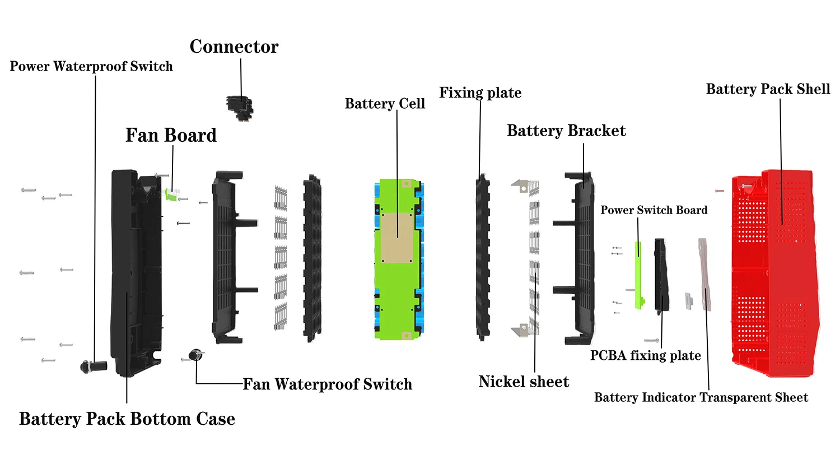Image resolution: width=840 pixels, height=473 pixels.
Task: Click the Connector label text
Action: pyautogui.click(x=234, y=47)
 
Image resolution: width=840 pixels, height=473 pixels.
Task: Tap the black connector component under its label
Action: pyautogui.click(x=240, y=107)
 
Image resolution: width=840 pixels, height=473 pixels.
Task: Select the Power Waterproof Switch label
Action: pyautogui.click(x=91, y=67)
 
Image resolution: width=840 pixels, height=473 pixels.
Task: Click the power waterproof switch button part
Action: pyautogui.click(x=92, y=367)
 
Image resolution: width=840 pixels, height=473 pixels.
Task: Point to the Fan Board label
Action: pyautogui.click(x=171, y=136)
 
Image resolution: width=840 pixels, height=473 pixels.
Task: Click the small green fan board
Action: pyautogui.click(x=171, y=194)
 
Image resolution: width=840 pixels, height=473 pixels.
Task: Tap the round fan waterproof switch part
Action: pyautogui.click(x=195, y=355)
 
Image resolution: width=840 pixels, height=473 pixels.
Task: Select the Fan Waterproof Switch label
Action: pyautogui.click(x=327, y=384)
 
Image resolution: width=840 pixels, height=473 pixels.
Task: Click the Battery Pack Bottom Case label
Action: pyautogui.click(x=127, y=419)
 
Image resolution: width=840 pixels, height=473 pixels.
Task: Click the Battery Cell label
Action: pyautogui.click(x=385, y=104)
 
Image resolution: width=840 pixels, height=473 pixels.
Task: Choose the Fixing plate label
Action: pyautogui.click(x=480, y=93)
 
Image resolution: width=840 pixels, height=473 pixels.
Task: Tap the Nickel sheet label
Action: pyautogui.click(x=524, y=382)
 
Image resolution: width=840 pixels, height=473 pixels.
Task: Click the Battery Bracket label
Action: pyautogui.click(x=566, y=131)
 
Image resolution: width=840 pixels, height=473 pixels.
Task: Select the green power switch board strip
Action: pyautogui.click(x=638, y=275)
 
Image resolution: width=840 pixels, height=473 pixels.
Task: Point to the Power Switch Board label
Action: pyautogui.click(x=654, y=210)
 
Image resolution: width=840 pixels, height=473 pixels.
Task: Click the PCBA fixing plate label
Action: pyautogui.click(x=645, y=356)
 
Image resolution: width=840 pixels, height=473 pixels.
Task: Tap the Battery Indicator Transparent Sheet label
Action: pyautogui.click(x=701, y=398)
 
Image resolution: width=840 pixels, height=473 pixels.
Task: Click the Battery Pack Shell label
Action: pyautogui.click(x=768, y=90)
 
